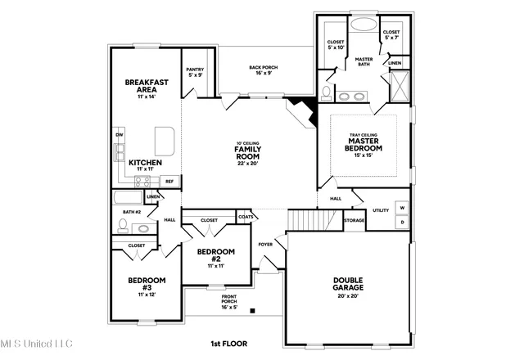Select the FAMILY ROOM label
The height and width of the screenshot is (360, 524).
click(x=247, y=152)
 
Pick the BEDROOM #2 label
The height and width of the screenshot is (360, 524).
click(x=215, y=255)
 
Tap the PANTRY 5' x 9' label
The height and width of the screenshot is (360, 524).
click(x=195, y=73)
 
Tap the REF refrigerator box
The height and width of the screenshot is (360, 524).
click(x=169, y=181)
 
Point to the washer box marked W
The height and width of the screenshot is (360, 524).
click(x=402, y=208)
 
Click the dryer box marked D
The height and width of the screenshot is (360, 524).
click(x=402, y=222)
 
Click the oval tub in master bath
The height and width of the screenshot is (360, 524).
click(x=361, y=25)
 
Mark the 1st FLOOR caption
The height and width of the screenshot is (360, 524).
click(x=229, y=344)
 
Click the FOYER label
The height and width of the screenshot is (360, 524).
click(x=266, y=244)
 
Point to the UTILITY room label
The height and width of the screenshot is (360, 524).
click(x=380, y=210)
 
